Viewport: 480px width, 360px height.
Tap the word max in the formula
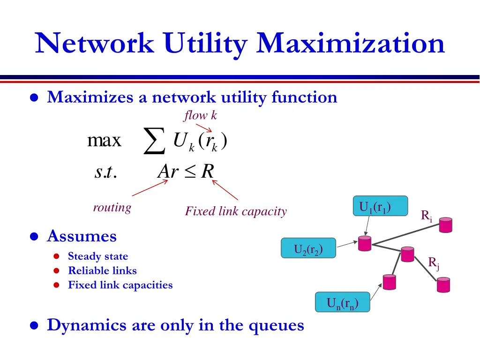click(x=104, y=141)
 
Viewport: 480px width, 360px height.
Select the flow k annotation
click(x=200, y=115)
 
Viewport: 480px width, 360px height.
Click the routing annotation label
click(x=112, y=207)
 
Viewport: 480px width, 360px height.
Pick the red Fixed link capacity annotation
click(x=236, y=211)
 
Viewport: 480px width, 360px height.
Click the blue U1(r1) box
click(x=380, y=207)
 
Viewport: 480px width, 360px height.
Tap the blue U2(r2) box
click(x=308, y=248)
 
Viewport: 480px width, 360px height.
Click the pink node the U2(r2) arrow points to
click(x=365, y=244)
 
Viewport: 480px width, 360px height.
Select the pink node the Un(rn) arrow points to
click(x=389, y=282)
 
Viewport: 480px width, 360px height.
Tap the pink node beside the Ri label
click(x=446, y=225)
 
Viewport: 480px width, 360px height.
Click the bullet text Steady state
click(x=97, y=256)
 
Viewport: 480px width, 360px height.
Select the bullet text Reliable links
click(x=102, y=270)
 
